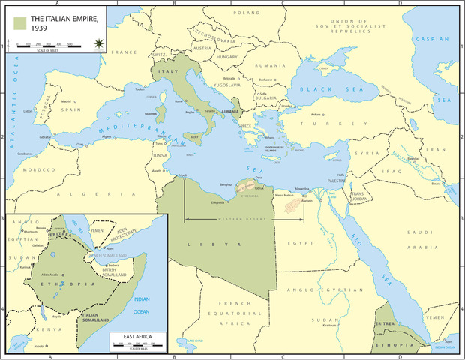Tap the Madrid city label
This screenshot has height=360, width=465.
tap(66, 101)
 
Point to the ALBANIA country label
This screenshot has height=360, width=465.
tap(230, 112)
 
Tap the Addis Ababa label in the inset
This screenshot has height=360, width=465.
tap(49, 274)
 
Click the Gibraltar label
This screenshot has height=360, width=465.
tap(45, 138)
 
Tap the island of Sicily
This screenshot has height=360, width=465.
tap(196, 138)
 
